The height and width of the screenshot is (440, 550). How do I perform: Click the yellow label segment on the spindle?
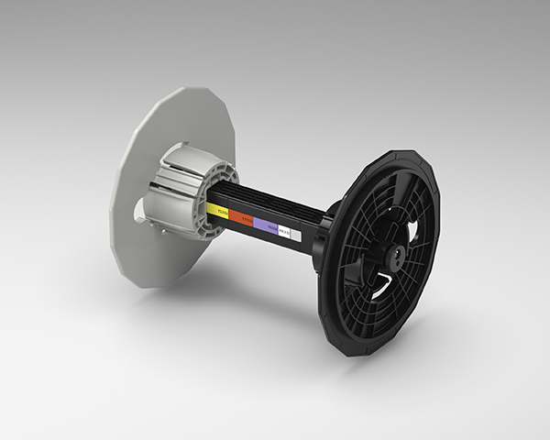click(218, 210)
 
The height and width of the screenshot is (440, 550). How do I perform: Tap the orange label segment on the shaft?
click(242, 217)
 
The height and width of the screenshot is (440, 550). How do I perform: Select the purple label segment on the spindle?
click(267, 225)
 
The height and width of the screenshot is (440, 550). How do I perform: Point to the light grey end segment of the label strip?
click(295, 235)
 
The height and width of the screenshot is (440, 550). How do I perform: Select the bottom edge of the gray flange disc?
click(147, 284)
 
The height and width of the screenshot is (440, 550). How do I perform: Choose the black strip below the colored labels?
click(257, 235)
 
